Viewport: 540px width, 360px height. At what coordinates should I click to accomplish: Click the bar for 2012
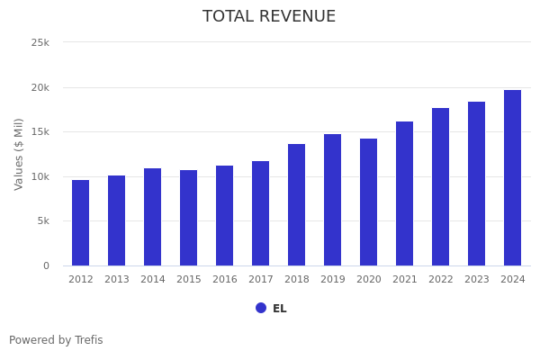(x=81, y=223)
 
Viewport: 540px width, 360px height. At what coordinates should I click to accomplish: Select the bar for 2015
(x=189, y=218)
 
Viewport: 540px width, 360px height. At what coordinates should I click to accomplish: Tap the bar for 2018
(x=297, y=205)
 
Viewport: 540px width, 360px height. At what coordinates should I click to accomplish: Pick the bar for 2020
(x=369, y=202)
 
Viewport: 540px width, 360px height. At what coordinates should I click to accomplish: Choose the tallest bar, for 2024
(x=513, y=178)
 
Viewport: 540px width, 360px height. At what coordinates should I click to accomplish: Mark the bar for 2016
(x=225, y=216)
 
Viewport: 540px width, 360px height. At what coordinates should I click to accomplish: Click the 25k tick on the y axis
(x=40, y=43)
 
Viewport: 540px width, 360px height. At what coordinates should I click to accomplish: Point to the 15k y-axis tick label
(x=40, y=132)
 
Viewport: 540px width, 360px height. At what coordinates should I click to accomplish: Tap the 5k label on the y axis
(x=42, y=221)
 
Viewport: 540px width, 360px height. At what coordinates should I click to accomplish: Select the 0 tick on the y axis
(x=45, y=265)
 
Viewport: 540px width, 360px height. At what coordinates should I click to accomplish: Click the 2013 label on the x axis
(x=117, y=280)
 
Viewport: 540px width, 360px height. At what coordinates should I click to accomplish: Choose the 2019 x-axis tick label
(x=333, y=280)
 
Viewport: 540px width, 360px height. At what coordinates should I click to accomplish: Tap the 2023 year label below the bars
(x=477, y=280)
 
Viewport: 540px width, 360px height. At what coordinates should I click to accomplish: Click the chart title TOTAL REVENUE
(x=269, y=17)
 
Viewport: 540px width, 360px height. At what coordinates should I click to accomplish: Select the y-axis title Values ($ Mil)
(x=19, y=154)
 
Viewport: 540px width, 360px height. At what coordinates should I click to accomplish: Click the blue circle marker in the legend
(x=261, y=308)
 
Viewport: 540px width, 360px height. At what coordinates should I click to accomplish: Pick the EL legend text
(x=280, y=309)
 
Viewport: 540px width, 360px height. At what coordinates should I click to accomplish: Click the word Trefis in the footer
(x=88, y=340)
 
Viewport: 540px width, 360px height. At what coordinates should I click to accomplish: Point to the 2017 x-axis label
(x=261, y=280)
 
